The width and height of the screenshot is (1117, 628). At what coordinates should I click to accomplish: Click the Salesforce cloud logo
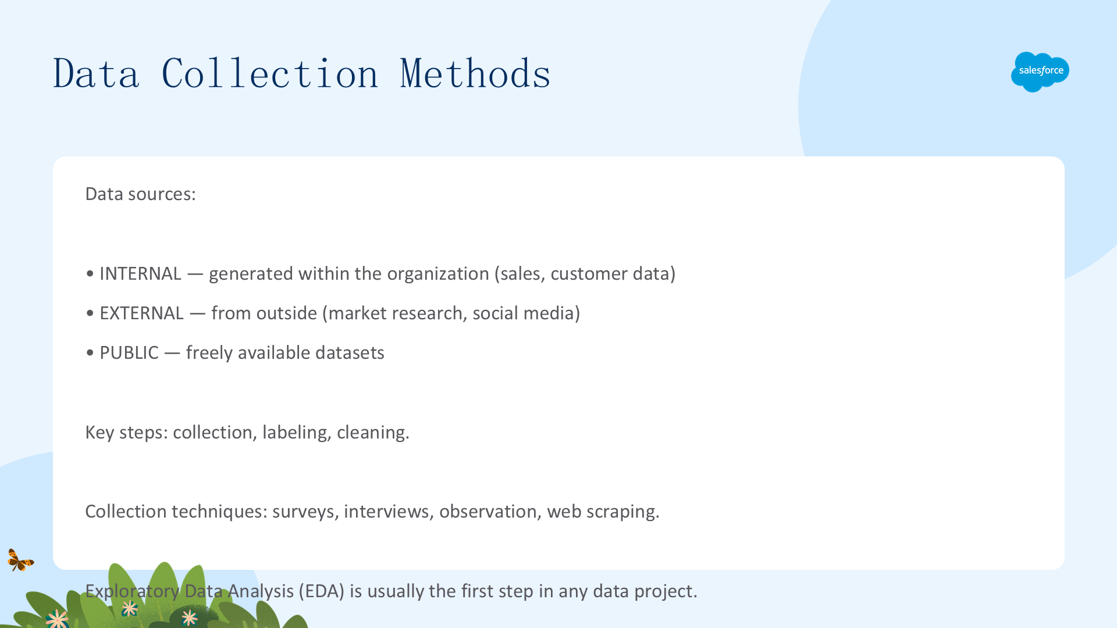(x=1040, y=72)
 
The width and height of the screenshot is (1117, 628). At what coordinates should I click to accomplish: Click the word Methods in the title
(x=475, y=74)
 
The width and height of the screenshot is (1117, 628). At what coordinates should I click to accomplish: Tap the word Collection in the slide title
(x=270, y=74)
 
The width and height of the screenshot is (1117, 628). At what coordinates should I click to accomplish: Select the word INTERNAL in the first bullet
(x=140, y=273)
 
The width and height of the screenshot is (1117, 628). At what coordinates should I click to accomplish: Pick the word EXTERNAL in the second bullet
(x=141, y=313)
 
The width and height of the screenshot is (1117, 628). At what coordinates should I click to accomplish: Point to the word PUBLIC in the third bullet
(x=129, y=352)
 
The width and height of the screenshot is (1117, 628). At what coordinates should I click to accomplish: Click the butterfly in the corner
(x=20, y=561)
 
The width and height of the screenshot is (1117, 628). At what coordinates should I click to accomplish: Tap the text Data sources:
(x=140, y=194)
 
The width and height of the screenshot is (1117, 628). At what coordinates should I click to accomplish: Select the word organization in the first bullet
(x=438, y=274)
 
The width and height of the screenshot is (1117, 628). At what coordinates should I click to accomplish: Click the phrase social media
(x=523, y=313)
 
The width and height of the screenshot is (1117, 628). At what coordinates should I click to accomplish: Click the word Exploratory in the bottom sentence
(x=132, y=591)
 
